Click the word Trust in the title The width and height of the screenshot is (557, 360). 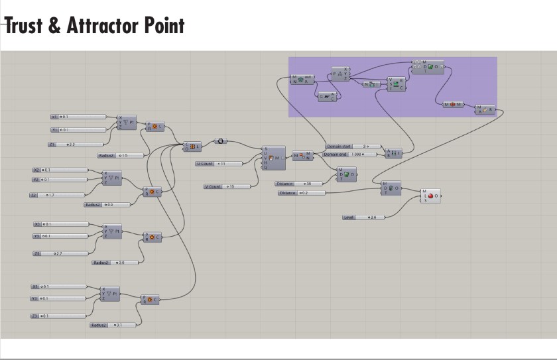click(x=24, y=26)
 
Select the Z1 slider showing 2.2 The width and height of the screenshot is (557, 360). click(x=76, y=144)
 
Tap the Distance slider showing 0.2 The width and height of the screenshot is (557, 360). click(x=302, y=193)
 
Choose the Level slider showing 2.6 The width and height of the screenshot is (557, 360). click(x=364, y=217)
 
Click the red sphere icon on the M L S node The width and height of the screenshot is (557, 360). click(x=431, y=196)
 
